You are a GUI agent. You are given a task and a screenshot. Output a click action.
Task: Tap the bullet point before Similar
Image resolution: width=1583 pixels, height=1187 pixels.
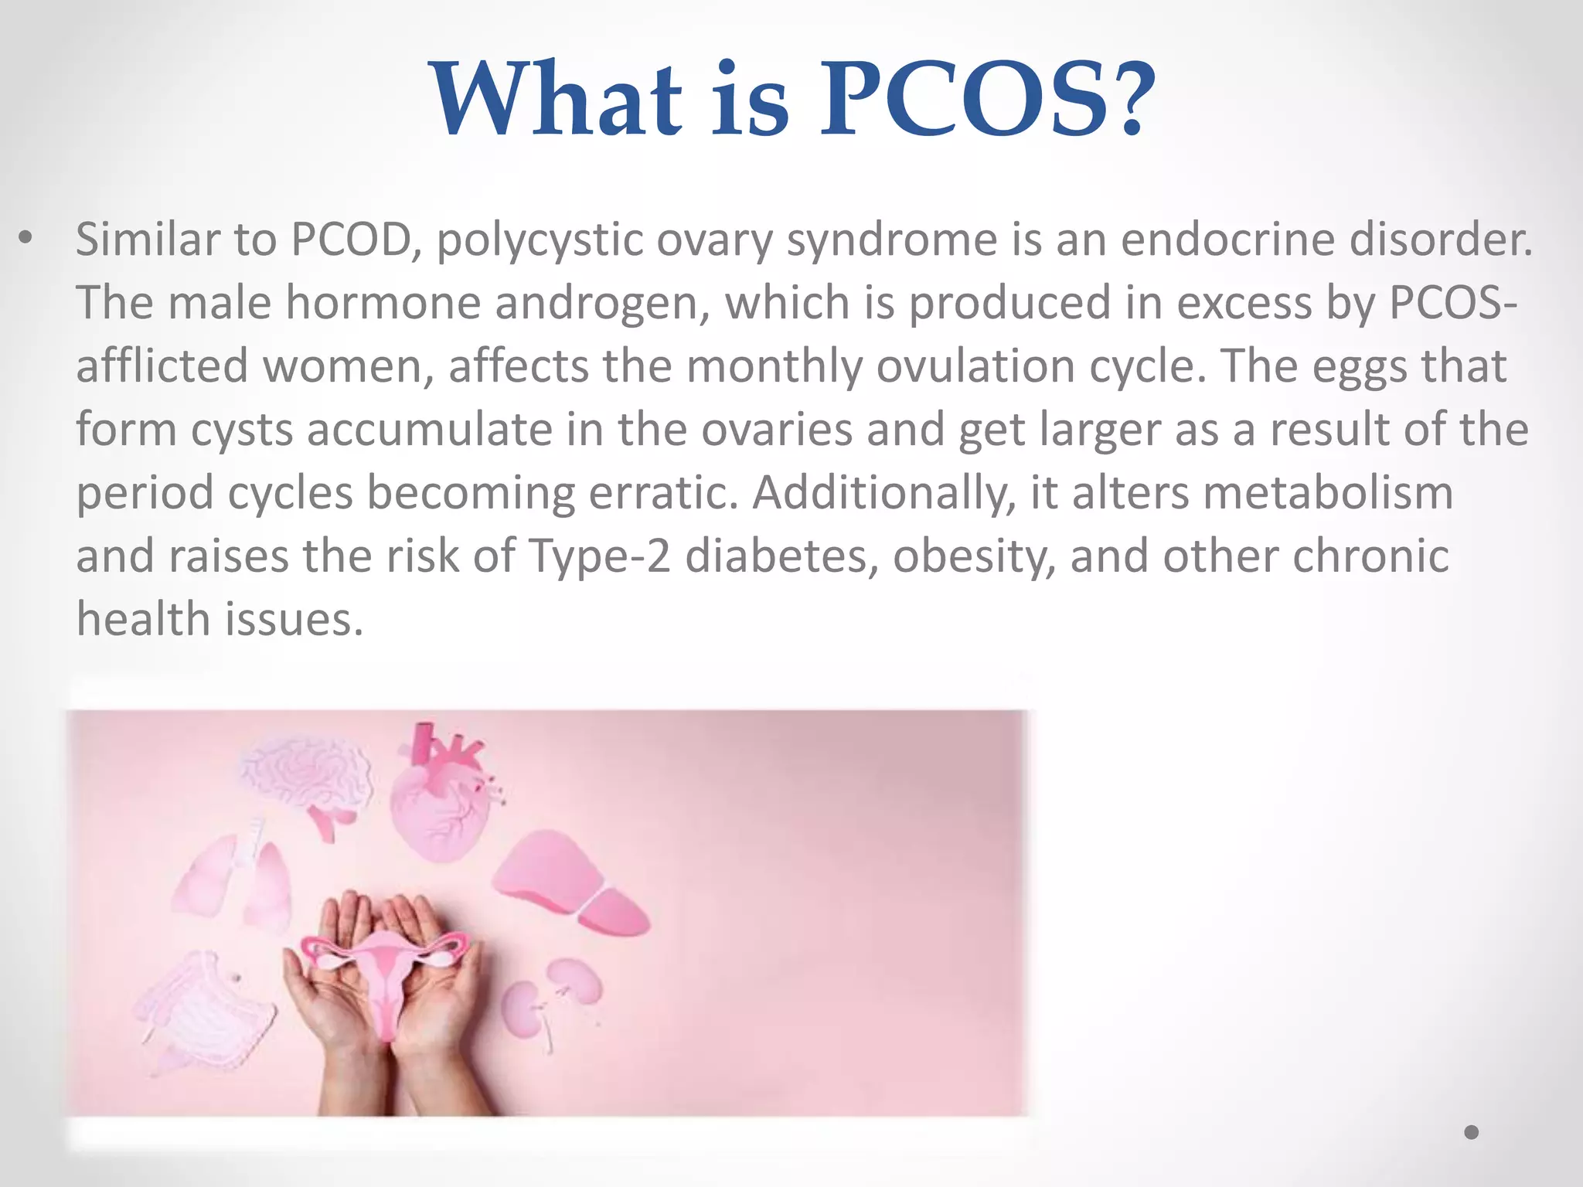tap(26, 239)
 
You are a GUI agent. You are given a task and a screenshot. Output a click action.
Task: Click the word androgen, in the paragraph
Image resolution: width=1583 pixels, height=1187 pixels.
tap(603, 302)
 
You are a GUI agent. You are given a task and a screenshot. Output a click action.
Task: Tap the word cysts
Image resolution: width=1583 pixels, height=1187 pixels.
tap(242, 430)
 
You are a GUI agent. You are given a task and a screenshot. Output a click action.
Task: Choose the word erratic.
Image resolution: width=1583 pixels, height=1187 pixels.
tap(664, 493)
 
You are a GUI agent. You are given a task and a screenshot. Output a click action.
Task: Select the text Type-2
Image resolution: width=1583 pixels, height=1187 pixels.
tap(600, 556)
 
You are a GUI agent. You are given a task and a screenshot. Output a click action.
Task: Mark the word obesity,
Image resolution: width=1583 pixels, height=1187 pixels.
tap(975, 556)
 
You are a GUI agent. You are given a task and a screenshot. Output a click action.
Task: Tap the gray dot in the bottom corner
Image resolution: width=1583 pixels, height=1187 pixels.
tap(1472, 1132)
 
